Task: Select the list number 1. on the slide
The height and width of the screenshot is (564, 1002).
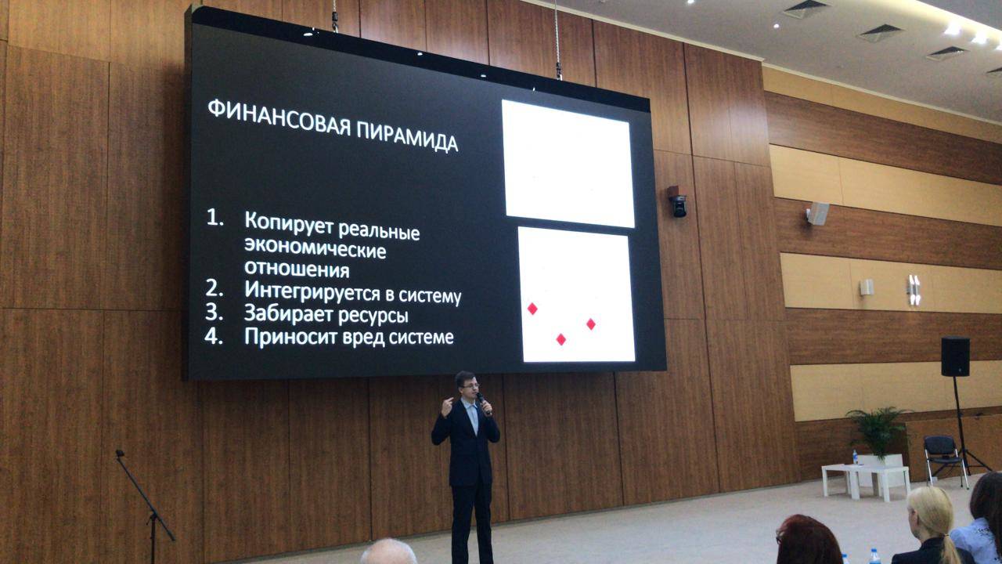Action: click(214, 218)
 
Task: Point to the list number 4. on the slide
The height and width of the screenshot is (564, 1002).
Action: click(214, 336)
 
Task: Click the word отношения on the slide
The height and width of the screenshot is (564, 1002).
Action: click(297, 269)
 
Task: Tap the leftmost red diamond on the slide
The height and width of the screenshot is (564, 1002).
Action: click(532, 309)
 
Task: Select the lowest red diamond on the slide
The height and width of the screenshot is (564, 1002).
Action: click(561, 339)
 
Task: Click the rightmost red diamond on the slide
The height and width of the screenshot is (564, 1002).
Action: click(591, 324)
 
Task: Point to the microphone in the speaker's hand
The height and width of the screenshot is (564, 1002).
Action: click(484, 403)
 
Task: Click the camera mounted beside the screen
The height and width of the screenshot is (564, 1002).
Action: click(678, 202)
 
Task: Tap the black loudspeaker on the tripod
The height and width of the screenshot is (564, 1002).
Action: click(956, 356)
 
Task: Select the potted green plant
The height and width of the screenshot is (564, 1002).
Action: click(877, 431)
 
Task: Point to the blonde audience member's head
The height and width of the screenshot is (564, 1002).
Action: click(929, 515)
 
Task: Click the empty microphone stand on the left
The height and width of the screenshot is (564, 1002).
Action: click(146, 506)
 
